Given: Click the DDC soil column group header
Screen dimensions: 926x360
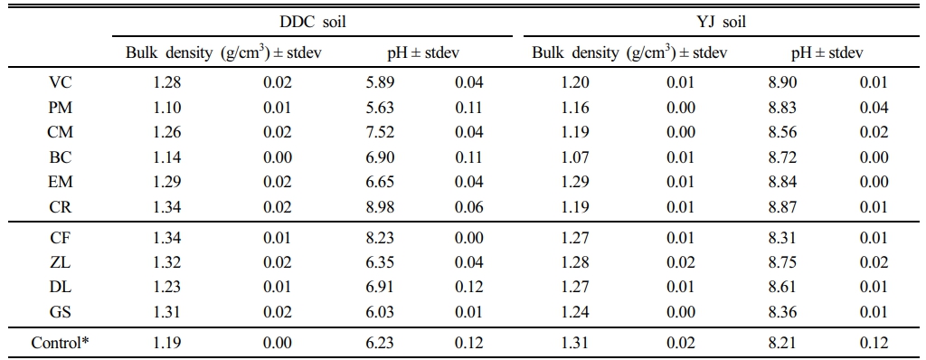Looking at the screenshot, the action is [312, 23].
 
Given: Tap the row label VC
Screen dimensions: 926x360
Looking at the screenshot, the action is [61, 82].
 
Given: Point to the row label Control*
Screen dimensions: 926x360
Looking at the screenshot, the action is [61, 343].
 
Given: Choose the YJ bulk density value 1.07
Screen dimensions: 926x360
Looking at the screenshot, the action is [575, 157].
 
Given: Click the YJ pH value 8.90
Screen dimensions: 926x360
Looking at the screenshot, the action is [782, 82].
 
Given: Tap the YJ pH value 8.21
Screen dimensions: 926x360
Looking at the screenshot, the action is [782, 343].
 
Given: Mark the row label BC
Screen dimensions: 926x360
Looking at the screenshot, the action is [61, 157].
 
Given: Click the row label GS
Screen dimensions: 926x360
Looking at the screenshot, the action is [61, 312].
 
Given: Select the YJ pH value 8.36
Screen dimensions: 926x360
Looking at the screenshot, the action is [782, 312].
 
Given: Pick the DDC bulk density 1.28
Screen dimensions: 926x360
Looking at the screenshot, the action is [166, 82].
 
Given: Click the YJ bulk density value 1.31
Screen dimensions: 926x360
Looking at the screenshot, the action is [575, 343].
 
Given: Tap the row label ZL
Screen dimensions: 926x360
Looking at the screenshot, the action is [61, 262].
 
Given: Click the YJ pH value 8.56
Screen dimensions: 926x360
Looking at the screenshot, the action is [782, 133].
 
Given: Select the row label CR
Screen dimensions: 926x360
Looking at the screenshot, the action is [61, 207].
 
